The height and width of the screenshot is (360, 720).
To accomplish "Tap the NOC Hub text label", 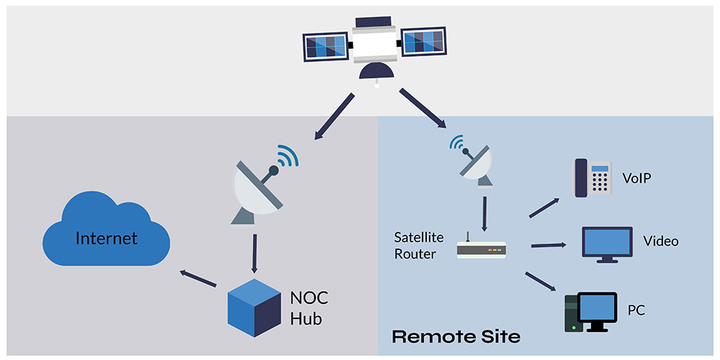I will [309, 307].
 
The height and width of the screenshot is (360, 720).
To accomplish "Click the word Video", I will [660, 240].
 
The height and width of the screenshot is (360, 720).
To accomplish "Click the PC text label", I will [636, 310].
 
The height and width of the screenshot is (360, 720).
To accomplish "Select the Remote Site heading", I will [456, 336].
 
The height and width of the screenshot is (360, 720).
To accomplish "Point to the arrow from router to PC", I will [543, 282].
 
